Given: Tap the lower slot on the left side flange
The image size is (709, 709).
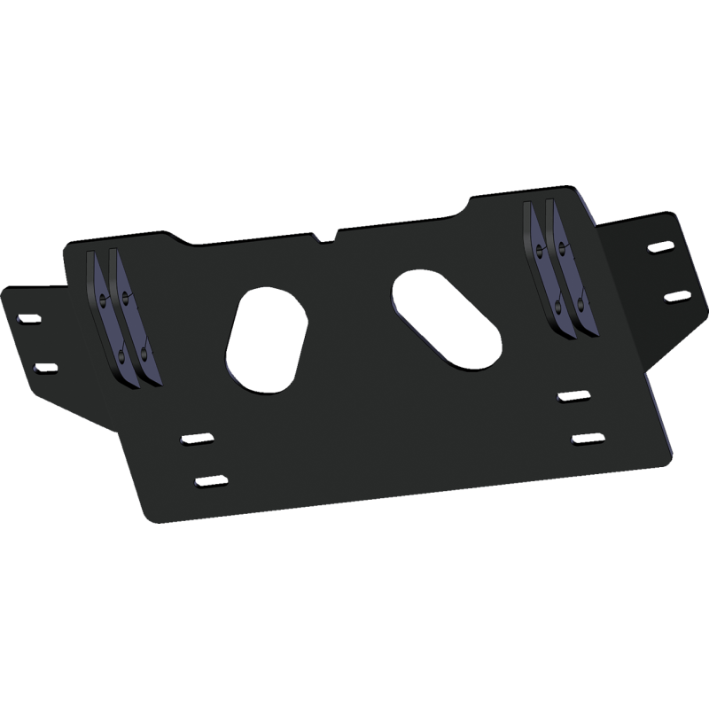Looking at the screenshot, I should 43,364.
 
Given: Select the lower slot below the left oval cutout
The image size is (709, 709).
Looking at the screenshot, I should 210,481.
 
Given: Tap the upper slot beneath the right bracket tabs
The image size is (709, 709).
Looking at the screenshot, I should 572,396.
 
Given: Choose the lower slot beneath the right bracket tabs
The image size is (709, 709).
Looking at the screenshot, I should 587,438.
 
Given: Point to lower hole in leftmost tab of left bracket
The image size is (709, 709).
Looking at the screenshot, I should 121,357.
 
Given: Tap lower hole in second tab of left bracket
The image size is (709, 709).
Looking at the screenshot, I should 144,354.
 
